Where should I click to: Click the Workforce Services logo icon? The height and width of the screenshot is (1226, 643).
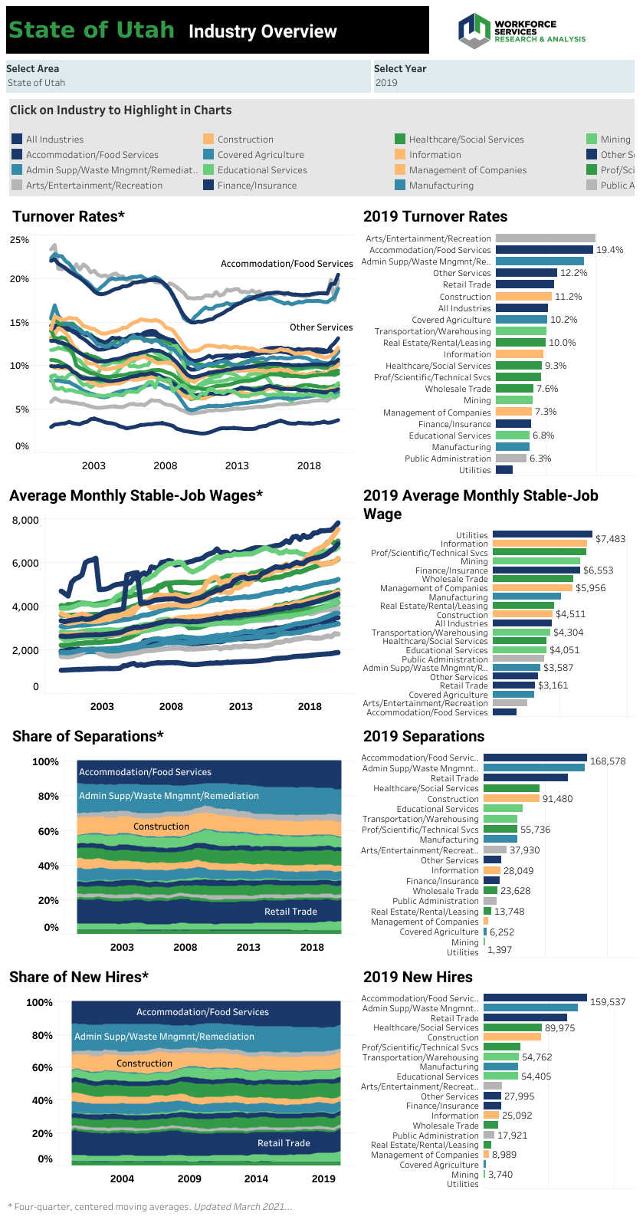click(474, 31)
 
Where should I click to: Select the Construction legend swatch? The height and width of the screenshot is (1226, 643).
click(208, 139)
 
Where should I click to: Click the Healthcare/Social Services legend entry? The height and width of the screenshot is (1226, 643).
click(466, 139)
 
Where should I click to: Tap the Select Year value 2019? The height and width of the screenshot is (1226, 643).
click(386, 83)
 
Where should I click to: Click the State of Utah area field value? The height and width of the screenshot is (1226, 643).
click(36, 83)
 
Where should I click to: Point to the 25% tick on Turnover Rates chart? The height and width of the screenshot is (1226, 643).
click(20, 240)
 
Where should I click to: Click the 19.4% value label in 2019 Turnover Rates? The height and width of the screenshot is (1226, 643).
click(610, 250)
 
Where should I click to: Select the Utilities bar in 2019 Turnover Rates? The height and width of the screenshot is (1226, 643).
click(504, 470)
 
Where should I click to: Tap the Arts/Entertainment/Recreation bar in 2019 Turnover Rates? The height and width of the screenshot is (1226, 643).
click(545, 238)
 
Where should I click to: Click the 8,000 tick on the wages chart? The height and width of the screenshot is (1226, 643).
click(25, 521)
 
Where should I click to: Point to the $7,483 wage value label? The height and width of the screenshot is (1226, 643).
click(610, 539)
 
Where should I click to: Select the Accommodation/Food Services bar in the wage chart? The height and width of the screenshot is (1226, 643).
click(504, 712)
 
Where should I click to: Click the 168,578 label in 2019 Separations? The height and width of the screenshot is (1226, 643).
click(608, 761)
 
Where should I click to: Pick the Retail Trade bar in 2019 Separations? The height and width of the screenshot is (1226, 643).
click(525, 777)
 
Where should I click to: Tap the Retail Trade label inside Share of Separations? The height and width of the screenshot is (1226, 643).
click(290, 912)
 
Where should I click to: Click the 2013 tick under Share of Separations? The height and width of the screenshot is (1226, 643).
click(248, 947)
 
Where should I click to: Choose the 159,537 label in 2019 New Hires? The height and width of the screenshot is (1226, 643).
click(608, 1002)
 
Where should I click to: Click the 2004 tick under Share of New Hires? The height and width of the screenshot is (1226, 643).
click(122, 1178)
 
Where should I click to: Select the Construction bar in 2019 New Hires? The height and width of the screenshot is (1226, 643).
click(512, 1037)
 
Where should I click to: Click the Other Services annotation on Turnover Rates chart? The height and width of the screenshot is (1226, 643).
click(321, 327)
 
